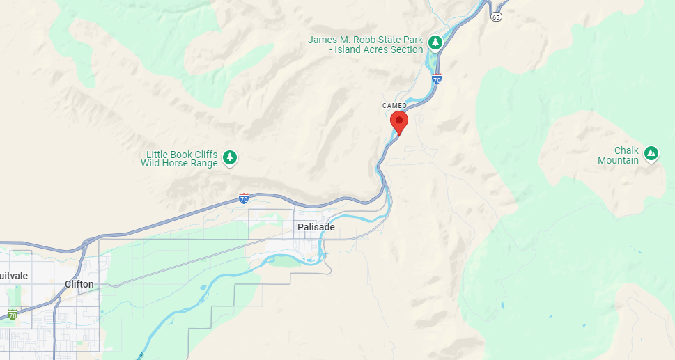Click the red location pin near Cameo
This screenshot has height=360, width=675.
(398, 122)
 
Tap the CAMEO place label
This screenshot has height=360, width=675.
(394, 106)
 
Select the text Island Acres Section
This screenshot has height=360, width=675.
(379, 50)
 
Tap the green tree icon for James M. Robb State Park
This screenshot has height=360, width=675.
(435, 42)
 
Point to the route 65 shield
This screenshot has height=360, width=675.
(495, 17)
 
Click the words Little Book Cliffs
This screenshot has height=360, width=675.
(182, 155)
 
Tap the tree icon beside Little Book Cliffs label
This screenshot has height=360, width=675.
(230, 159)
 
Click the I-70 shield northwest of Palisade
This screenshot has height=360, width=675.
(243, 198)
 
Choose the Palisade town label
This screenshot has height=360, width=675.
(316, 228)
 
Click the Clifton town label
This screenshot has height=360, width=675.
(79, 284)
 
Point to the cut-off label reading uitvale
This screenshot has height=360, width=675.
(14, 276)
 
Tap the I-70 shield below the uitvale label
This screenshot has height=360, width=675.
(13, 315)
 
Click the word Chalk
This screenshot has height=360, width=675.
(626, 150)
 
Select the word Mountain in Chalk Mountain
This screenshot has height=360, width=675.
(618, 160)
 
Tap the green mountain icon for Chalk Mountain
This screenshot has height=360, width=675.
(651, 153)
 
